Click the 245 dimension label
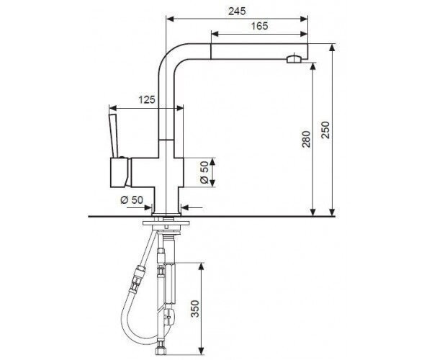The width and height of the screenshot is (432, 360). (237, 11)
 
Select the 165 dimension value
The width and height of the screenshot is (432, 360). (259, 26)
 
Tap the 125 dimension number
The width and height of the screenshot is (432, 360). (147, 99)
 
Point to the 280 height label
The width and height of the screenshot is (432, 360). (307, 139)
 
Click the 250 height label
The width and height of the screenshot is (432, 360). (325, 130)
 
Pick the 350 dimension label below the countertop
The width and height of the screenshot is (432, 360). (195, 309)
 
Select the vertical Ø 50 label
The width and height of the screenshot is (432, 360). (204, 172)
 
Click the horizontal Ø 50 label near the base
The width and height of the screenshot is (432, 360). (132, 199)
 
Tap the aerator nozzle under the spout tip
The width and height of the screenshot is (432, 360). (294, 59)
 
